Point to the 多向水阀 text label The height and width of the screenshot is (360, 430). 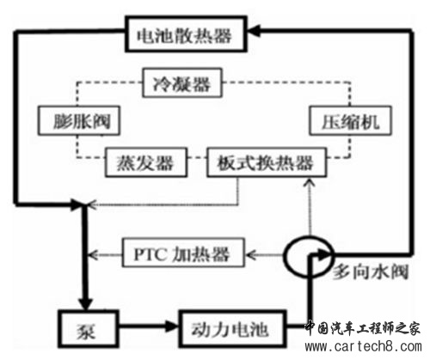(x=371, y=272)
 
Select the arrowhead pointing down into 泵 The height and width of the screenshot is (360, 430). (x=85, y=304)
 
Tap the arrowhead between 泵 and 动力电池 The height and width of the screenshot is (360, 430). (x=172, y=326)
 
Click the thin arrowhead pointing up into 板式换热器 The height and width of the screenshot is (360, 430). (x=310, y=182)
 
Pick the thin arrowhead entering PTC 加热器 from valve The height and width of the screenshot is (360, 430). (x=251, y=254)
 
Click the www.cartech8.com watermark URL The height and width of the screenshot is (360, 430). (x=364, y=346)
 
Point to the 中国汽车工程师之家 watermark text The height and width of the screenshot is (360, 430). (x=363, y=328)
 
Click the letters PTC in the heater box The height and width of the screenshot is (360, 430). (x=150, y=253)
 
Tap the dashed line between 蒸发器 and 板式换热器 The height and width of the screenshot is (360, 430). (x=197, y=157)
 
